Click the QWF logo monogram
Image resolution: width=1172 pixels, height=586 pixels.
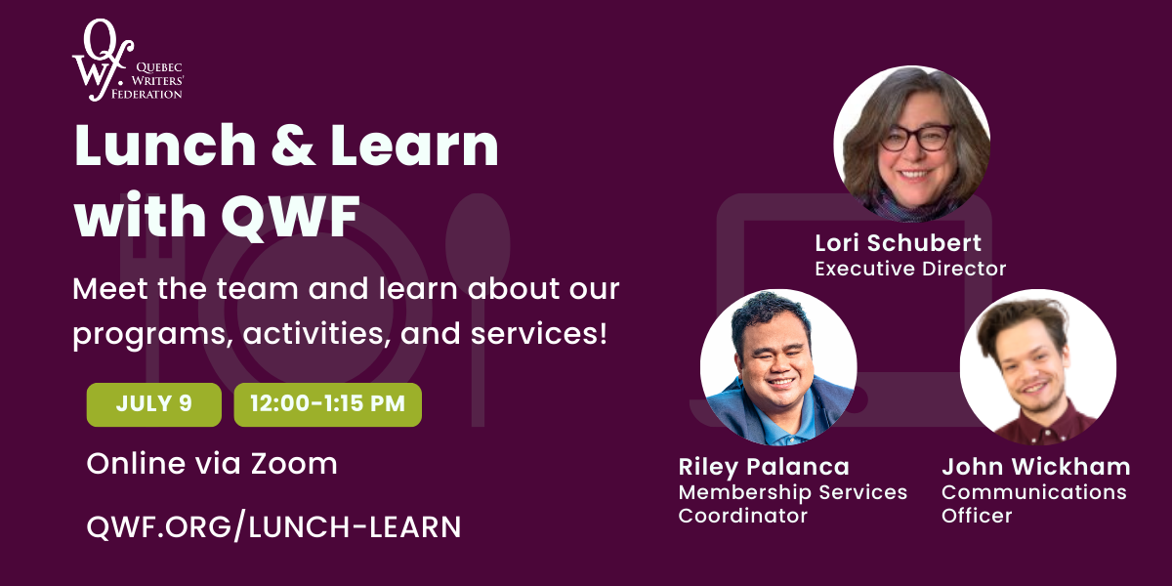(x=102, y=61)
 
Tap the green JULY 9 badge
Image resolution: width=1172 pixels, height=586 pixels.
(x=154, y=404)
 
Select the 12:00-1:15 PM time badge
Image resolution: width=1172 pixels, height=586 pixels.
(x=327, y=404)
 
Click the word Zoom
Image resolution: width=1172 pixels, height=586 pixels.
(x=294, y=464)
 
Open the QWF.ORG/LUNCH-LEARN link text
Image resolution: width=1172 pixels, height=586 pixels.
(x=273, y=526)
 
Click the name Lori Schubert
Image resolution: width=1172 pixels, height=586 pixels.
(x=898, y=243)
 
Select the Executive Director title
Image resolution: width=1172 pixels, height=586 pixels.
(x=910, y=269)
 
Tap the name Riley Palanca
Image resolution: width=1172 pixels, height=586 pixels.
(x=764, y=467)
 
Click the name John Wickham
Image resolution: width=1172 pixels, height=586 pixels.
(x=1036, y=466)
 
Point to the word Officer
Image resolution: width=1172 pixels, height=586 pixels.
(x=977, y=516)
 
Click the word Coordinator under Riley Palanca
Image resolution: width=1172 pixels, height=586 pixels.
(x=743, y=516)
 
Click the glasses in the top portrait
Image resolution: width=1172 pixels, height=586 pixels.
(x=917, y=138)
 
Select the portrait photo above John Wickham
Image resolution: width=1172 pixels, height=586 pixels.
(x=1038, y=367)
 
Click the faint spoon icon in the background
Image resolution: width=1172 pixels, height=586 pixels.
(x=478, y=310)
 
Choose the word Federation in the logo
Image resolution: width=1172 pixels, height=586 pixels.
(x=146, y=94)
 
